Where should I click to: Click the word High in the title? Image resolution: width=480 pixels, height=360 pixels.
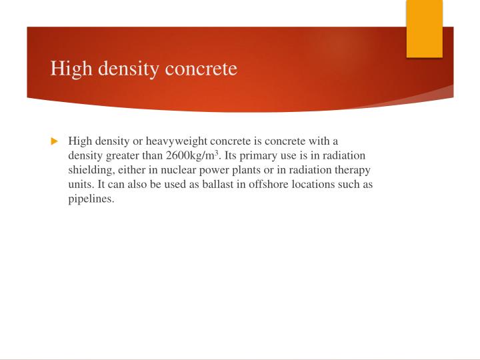(67, 69)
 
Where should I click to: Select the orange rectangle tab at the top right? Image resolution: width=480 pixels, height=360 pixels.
(425, 29)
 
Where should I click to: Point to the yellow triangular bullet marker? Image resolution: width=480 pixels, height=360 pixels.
(55, 141)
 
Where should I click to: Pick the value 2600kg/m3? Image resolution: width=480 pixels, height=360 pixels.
(193, 156)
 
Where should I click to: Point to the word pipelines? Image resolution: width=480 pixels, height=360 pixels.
(91, 199)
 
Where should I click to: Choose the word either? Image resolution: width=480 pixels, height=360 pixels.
(134, 170)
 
